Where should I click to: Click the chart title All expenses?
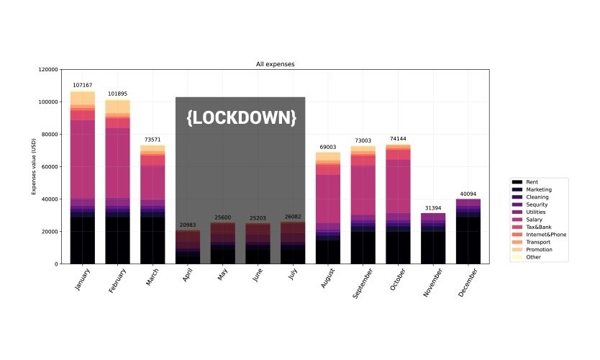275,64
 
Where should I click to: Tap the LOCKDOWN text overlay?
241,117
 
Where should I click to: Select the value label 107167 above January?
83,86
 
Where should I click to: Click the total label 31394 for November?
433,207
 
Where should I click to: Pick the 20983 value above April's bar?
188,225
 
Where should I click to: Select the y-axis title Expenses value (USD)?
33,167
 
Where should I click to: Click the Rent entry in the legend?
533,182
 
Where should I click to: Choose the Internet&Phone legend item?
545,235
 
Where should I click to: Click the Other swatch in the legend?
517,257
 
